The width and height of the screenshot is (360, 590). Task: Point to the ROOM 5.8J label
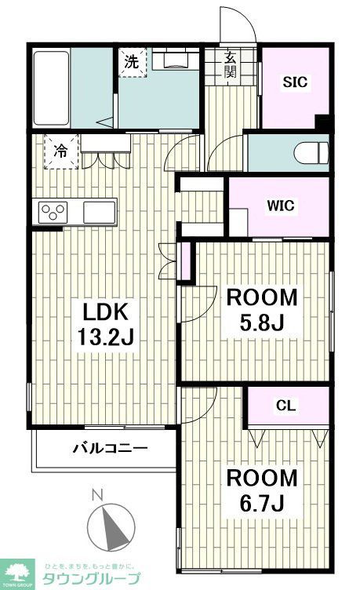click(x=262, y=310)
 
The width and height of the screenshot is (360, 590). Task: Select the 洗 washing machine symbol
click(x=133, y=64)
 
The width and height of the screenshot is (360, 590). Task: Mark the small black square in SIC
click(x=322, y=122)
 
